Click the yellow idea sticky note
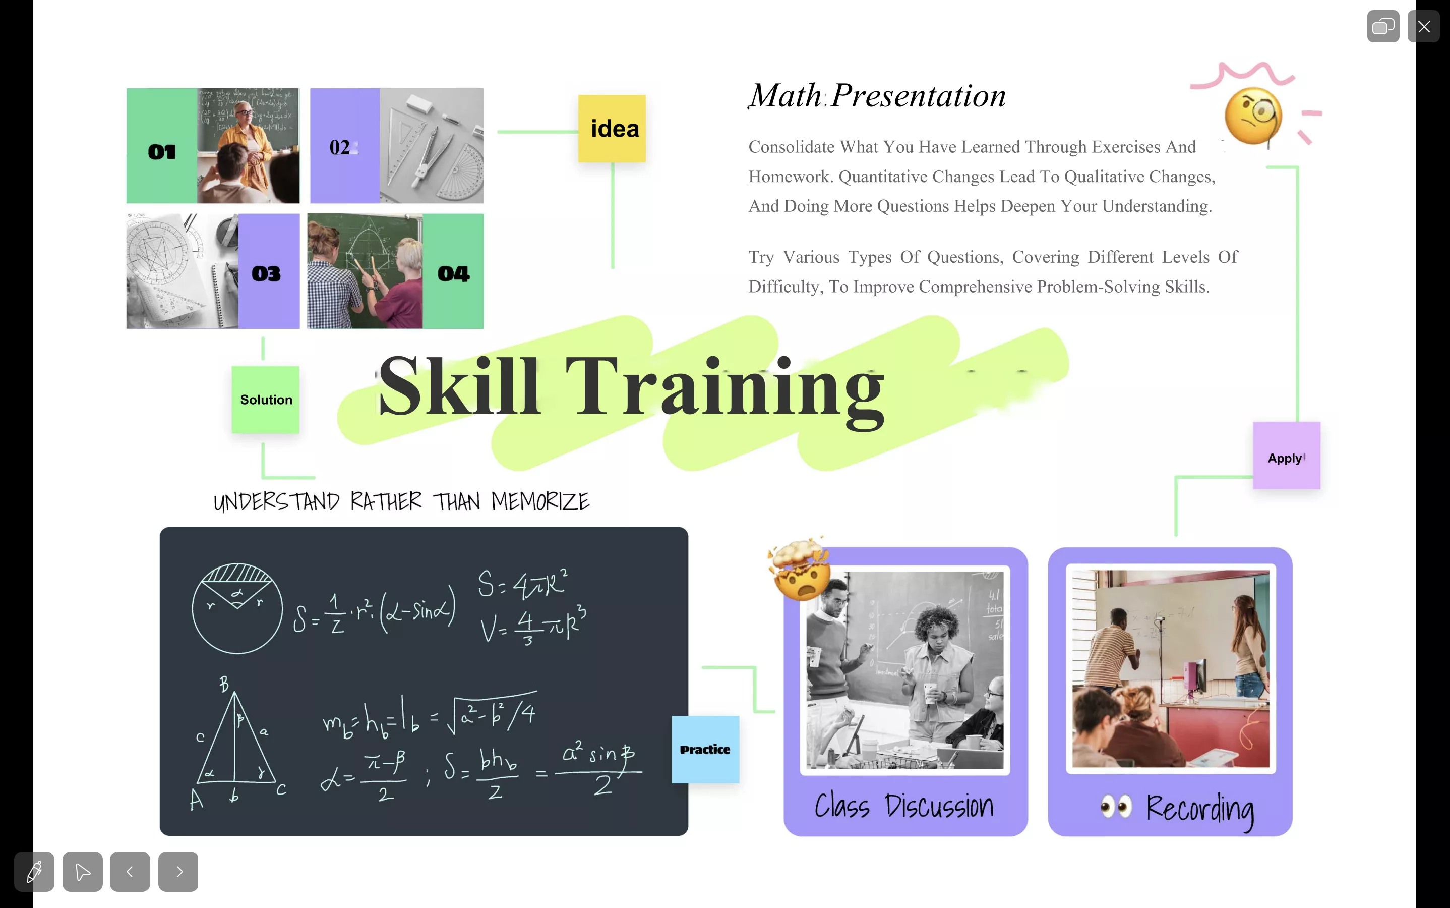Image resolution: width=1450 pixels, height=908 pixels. (612, 129)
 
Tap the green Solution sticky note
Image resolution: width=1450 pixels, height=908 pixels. (265, 400)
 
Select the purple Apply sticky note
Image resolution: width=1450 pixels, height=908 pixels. (1286, 455)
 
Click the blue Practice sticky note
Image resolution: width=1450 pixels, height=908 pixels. (705, 750)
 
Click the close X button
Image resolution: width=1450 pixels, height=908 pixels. (1424, 26)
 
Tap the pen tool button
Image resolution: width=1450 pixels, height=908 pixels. (34, 871)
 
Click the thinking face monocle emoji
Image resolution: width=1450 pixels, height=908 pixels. (1253, 117)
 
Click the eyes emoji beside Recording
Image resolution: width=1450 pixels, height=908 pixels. (1116, 807)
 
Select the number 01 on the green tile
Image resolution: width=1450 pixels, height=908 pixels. (162, 152)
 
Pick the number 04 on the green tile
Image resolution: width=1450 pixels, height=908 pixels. (453, 274)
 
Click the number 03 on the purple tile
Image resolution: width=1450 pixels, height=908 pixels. (266, 274)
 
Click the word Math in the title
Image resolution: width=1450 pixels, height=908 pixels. (786, 95)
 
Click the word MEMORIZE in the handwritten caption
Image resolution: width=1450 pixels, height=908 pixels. (540, 501)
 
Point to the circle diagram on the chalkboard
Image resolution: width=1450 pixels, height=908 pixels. (237, 608)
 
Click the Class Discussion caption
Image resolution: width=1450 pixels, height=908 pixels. (904, 806)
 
